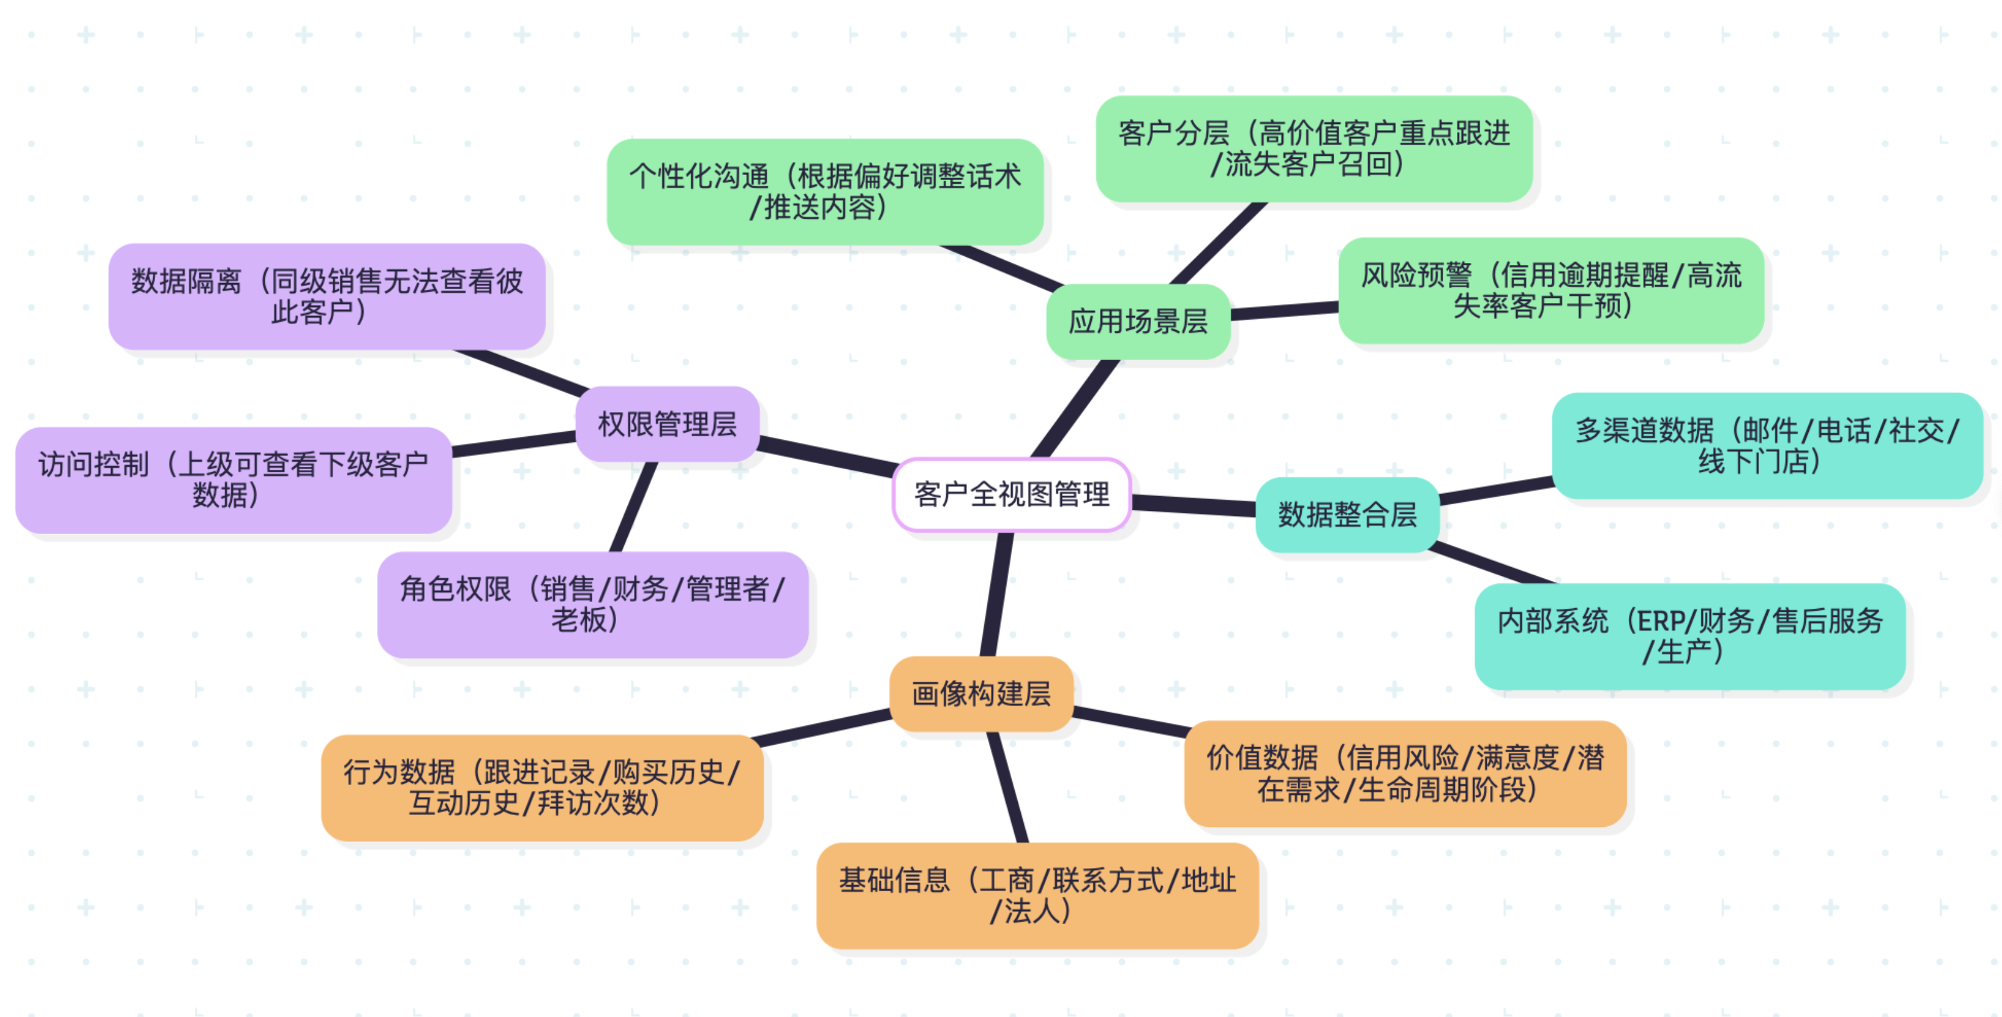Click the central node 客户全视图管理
tap(1011, 495)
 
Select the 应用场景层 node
tap(1138, 321)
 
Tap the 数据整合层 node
tap(1347, 515)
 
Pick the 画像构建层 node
tap(981, 694)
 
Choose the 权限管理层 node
tap(667, 424)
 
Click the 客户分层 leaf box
tap(1314, 148)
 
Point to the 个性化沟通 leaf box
tap(825, 192)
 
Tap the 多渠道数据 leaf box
tap(1767, 446)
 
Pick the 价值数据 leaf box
tap(1405, 773)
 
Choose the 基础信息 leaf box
tap(1037, 895)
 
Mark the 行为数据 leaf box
tap(542, 788)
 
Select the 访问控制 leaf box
tap(233, 480)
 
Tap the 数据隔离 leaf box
tap(326, 296)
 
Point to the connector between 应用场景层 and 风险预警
tap(1284, 310)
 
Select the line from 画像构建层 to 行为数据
tap(822, 728)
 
